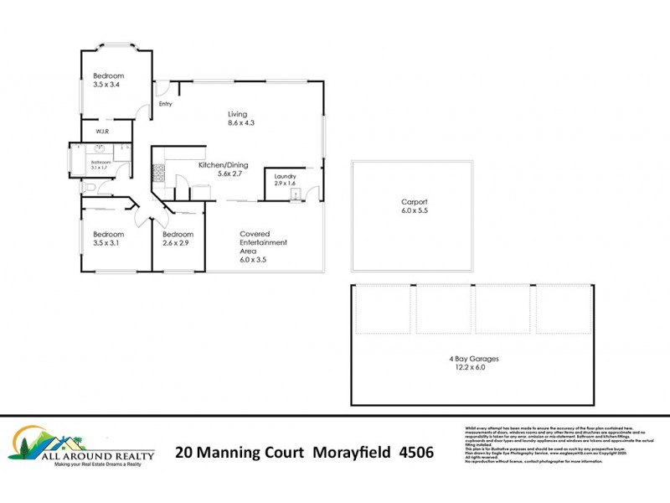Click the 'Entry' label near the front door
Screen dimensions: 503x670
(165, 104)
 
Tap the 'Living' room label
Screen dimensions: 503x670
(239, 114)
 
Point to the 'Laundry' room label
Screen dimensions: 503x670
(286, 176)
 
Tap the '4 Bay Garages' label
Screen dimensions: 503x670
(470, 357)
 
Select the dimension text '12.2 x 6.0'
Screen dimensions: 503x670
(470, 367)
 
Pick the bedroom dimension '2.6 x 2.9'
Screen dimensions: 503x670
(178, 243)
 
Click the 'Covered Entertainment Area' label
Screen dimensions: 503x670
(263, 242)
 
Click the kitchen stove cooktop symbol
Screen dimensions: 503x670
(157, 174)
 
